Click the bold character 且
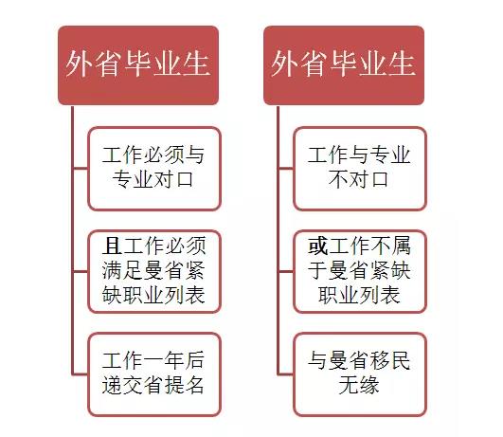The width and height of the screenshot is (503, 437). coord(112,246)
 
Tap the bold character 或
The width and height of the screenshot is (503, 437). coord(317,246)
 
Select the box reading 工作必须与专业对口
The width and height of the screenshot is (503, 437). coord(154,169)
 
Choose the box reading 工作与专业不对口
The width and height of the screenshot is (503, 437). coord(360,169)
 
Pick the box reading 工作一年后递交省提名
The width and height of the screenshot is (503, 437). coord(154,374)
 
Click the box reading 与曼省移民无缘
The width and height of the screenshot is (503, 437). coord(360,374)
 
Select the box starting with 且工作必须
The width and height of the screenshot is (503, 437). coord(154,272)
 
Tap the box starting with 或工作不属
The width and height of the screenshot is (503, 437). coord(360,272)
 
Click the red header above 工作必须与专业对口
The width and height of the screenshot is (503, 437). coord(138,65)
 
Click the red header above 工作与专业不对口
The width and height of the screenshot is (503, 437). coord(344,65)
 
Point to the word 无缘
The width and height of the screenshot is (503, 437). coord(359,385)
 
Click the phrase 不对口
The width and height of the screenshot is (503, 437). coord(359,179)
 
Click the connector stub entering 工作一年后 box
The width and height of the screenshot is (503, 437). coord(80,374)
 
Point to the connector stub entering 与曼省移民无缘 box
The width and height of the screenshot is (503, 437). coord(285,374)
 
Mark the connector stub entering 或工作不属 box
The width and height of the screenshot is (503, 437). coord(285,272)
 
